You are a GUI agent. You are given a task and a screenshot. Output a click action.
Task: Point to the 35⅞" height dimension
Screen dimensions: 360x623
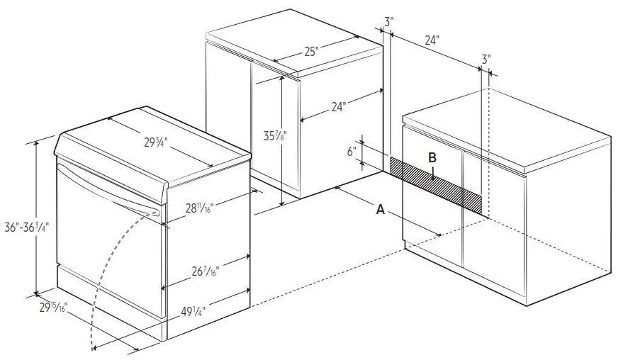267,135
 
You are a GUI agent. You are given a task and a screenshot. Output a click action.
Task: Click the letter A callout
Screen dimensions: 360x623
381,209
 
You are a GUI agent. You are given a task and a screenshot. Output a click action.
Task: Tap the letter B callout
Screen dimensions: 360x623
432,158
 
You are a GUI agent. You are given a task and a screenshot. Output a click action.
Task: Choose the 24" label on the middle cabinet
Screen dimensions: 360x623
338,107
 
